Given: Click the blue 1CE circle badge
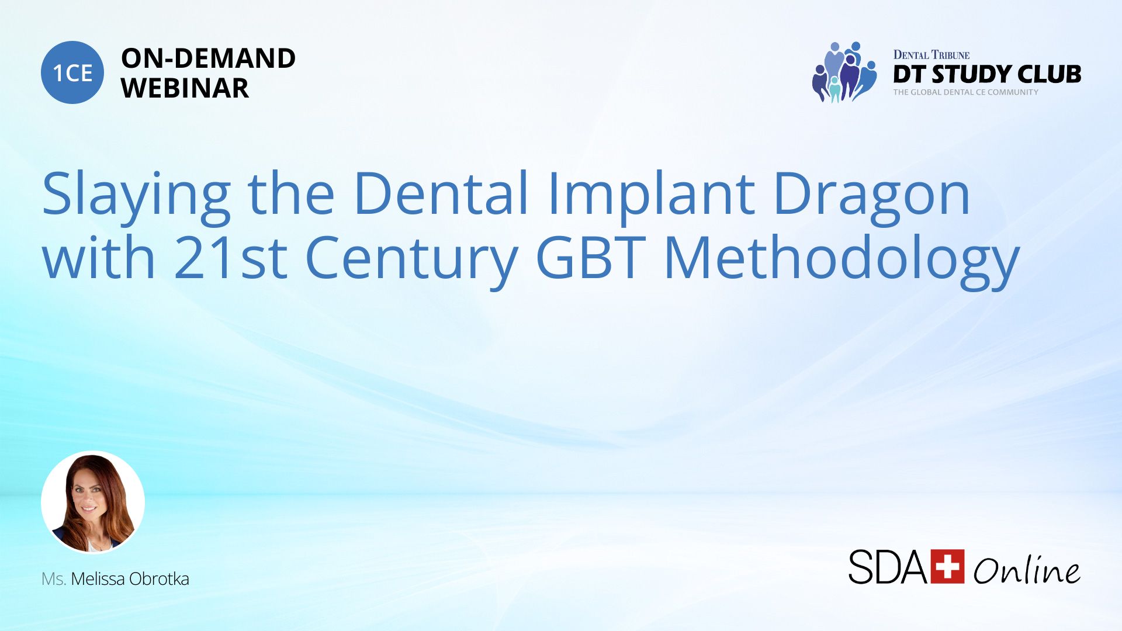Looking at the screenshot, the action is click(x=72, y=72).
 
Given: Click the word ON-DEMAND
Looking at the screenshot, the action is click(x=208, y=58).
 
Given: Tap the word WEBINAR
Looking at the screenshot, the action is click(x=185, y=88).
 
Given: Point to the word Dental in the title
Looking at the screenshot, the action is click(x=441, y=193).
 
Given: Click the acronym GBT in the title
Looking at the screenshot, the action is click(x=591, y=257).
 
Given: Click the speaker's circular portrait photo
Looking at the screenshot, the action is click(x=93, y=502).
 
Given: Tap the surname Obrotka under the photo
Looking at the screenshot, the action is click(x=159, y=578).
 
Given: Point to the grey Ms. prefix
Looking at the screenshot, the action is click(x=54, y=578).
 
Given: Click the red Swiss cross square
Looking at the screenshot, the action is click(x=947, y=566).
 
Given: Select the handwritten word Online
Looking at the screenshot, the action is click(x=1027, y=570).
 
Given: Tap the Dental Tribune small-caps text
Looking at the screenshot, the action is click(x=931, y=55).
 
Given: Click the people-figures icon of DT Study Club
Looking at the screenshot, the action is click(x=844, y=72).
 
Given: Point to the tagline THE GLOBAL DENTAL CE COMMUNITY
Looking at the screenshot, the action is click(x=965, y=92).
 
